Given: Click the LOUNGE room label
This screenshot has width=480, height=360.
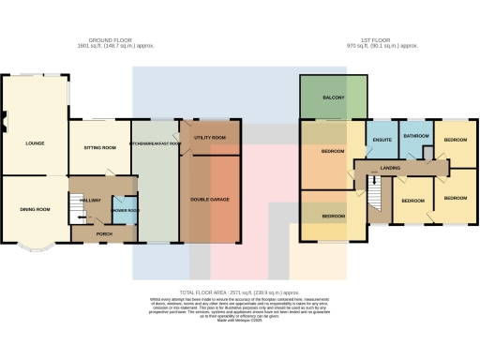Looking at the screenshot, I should [23, 144].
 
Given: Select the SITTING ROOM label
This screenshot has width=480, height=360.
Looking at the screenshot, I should [99, 148].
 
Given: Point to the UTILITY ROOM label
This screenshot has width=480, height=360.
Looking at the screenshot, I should [211, 138].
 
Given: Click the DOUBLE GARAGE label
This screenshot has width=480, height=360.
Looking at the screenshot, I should [210, 200].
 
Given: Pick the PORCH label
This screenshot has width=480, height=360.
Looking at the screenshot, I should [103, 232].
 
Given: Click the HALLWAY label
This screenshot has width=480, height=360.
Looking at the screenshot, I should [90, 201].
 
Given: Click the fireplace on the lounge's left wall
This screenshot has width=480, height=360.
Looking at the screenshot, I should [4, 118].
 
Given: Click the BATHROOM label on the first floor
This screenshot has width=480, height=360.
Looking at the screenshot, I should [416, 138].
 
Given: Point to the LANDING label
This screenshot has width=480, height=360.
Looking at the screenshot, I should [391, 169].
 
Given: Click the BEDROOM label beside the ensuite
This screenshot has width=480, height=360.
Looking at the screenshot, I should [333, 151].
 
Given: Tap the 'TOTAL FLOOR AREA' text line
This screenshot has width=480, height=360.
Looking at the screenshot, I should [239, 292].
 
